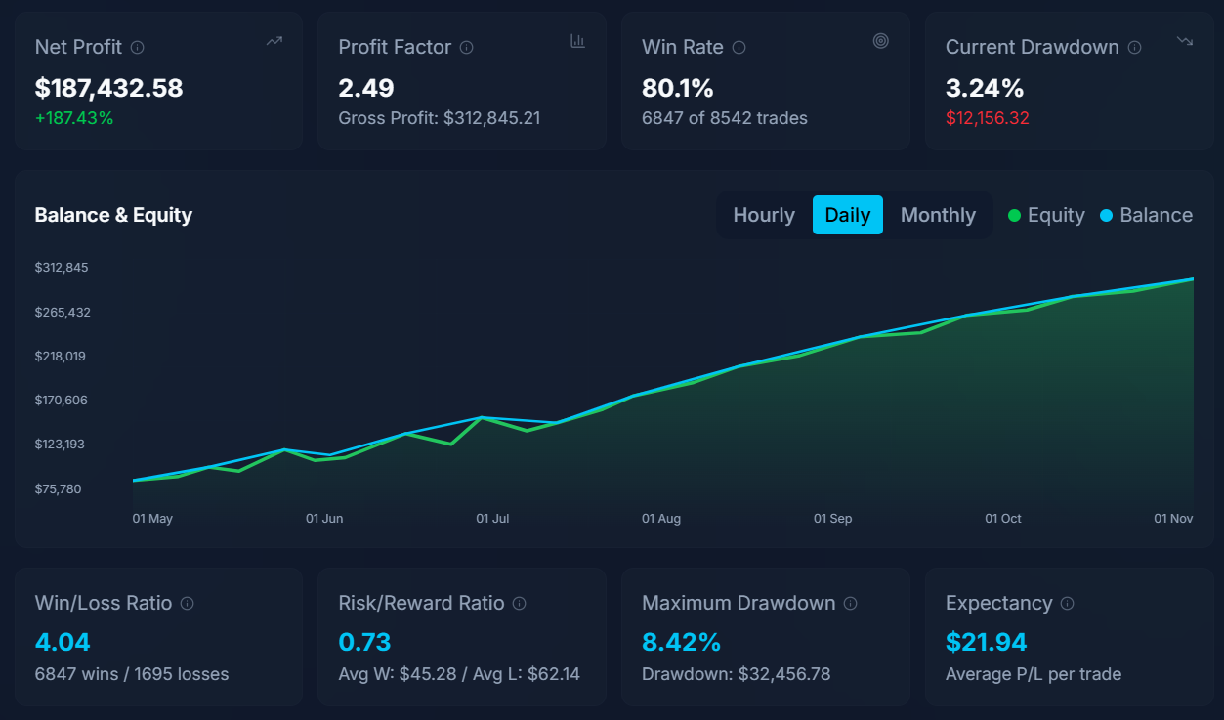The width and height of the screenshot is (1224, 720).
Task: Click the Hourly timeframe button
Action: coord(764,215)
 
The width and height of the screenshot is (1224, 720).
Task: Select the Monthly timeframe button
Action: coord(938,215)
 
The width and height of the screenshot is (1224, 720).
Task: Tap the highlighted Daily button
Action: coord(847,215)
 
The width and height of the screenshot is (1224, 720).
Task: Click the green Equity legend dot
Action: coord(1015,216)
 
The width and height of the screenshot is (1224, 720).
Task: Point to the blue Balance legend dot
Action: coord(1107,216)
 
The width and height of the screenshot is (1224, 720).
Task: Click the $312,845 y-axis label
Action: coord(62,268)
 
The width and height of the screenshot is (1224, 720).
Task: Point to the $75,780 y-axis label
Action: coord(59,488)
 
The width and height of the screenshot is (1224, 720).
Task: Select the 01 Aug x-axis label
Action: coord(661,519)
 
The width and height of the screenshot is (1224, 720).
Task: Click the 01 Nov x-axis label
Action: coord(1174,519)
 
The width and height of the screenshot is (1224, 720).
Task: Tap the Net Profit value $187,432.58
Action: coord(108,88)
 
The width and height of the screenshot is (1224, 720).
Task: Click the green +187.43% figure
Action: coord(74,118)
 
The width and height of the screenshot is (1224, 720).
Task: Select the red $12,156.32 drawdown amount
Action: coord(988,118)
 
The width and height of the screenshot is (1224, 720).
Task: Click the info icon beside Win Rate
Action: coord(739,47)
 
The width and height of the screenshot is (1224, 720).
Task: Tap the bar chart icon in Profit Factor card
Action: coord(577,41)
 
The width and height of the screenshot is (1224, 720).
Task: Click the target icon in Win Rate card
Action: coord(881,41)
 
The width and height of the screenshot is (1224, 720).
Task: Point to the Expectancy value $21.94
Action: coord(987,642)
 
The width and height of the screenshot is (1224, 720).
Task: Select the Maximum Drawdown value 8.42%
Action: coord(682,642)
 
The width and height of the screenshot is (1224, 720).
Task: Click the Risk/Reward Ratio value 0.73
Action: coord(364,642)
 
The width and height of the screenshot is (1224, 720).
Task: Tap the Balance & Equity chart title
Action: coord(113,215)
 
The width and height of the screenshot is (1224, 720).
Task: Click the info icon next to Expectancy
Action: coord(1067,603)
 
